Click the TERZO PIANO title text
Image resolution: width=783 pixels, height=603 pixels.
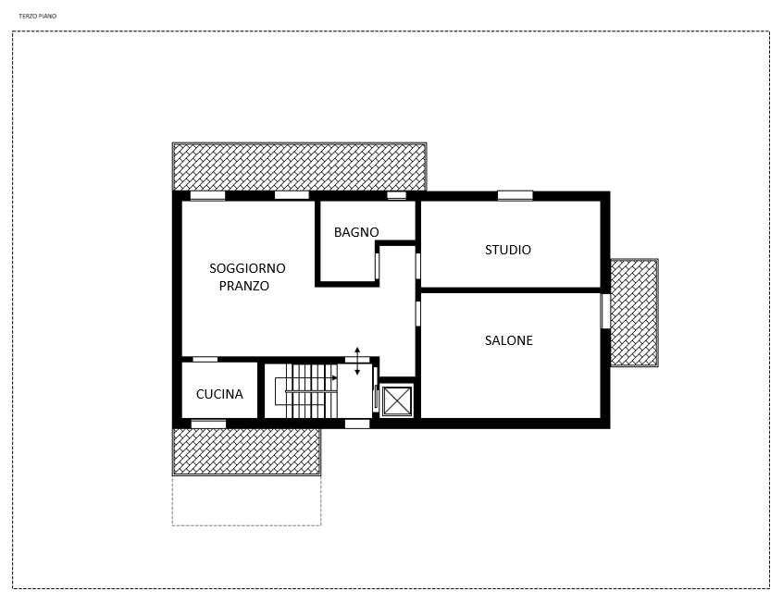pos(37,16)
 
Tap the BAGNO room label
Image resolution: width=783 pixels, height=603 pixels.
pos(356,232)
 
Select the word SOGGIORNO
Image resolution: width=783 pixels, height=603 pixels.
pos(247,268)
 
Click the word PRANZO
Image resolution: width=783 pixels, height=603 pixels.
pos(243,286)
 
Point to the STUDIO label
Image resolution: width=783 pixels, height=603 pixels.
pos(508,250)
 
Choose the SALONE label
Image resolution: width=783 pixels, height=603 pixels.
pos(508,340)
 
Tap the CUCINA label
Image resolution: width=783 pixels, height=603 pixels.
pos(219,394)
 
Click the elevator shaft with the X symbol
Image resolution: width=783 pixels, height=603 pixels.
pos(397,400)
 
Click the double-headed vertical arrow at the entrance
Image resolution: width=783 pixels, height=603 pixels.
pos(357,361)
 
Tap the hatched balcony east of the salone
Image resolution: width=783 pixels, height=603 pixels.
pos(634,313)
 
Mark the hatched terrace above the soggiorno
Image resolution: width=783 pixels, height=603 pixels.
pos(299,166)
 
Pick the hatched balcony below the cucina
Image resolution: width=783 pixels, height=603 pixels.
pos(247,451)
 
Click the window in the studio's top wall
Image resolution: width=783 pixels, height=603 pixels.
pos(515,196)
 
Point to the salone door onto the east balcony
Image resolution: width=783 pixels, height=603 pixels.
pos(605,311)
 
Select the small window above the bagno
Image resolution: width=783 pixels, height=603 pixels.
pos(397,196)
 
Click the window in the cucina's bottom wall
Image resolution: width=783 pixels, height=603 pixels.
pos(209,424)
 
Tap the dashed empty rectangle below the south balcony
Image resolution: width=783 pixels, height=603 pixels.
pos(247,500)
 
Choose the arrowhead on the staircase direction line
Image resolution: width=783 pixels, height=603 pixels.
pos(334,378)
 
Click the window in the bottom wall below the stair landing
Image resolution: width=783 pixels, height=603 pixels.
pos(357,424)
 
